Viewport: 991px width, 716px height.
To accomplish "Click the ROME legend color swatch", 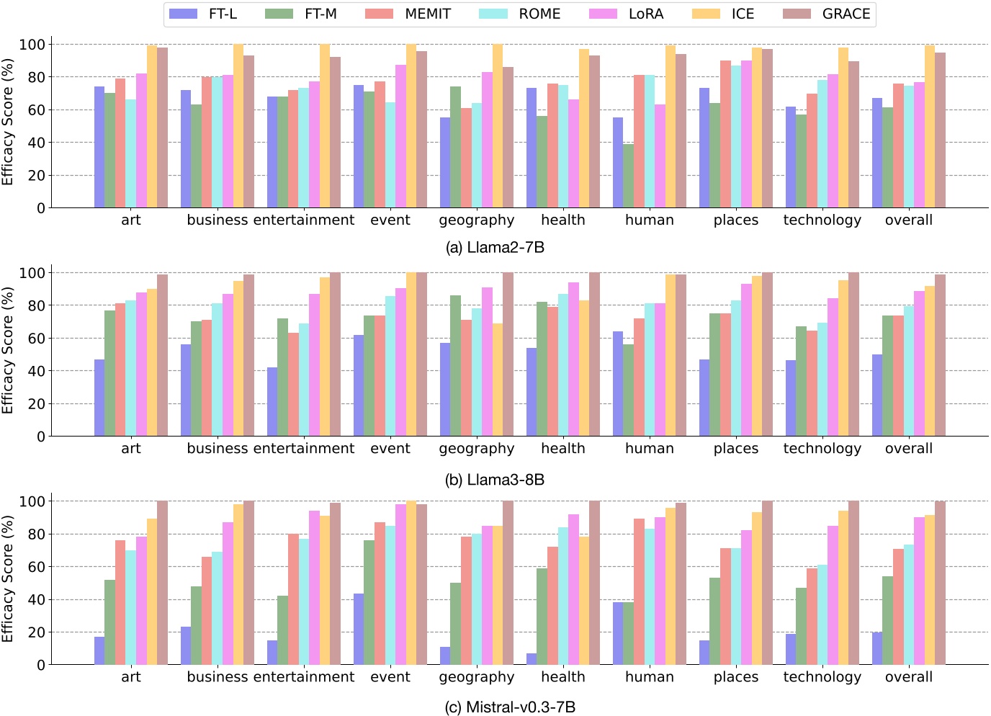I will (493, 14).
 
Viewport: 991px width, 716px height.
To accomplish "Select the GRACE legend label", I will (846, 14).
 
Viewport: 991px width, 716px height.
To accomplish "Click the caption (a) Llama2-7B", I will (495, 248).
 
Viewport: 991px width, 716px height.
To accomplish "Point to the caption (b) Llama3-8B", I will (495, 480).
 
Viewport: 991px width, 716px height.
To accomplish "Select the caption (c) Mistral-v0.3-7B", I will (510, 707).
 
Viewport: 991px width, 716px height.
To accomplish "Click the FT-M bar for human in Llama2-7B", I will (628, 176).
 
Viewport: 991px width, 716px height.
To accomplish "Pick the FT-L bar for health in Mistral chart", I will (532, 658).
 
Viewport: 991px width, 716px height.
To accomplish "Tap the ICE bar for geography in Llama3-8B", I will (497, 380).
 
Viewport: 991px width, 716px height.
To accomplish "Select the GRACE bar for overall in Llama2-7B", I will (940, 130).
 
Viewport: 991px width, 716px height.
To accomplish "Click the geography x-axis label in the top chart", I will (477, 220).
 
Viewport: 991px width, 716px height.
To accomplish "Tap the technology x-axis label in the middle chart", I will (822, 449).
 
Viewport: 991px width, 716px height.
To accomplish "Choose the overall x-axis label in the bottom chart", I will (908, 677).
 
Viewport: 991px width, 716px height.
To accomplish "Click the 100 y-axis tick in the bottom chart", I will (32, 501).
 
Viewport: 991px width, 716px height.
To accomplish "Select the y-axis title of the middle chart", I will (8, 351).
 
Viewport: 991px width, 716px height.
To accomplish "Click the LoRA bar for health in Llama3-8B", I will (573, 359).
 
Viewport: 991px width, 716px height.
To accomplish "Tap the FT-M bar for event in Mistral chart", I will (369, 602).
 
